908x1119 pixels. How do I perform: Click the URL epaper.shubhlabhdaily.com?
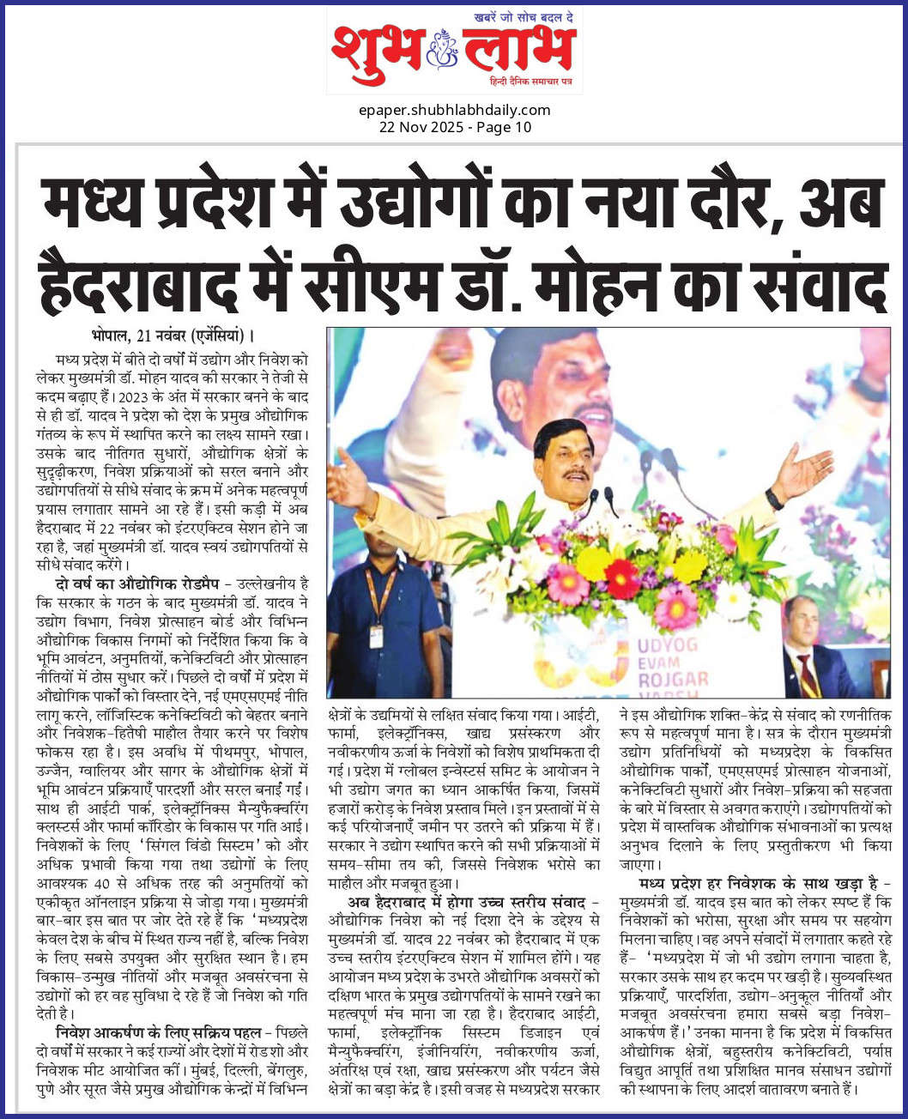point(455,110)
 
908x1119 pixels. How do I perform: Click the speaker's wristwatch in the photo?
point(773,499)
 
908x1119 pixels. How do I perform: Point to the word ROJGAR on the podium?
point(673,680)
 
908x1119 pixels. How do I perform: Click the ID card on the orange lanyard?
point(376,636)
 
